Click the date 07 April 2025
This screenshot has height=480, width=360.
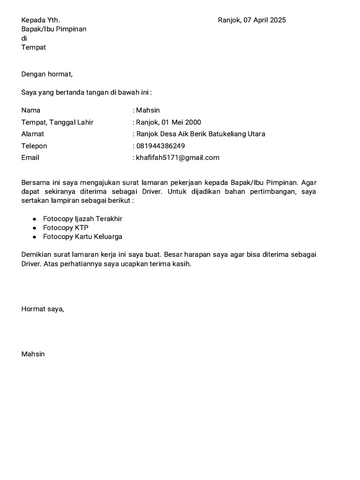pos(265,20)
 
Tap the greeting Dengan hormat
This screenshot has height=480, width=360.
pos(47,74)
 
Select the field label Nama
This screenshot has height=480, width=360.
pos(31,111)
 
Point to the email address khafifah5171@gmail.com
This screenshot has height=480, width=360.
pos(178,157)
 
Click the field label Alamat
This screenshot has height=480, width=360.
pos(33,134)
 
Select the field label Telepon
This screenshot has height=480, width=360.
pos(34,146)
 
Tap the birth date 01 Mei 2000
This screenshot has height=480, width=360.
pos(181,122)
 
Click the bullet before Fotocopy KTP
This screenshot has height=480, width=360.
pos(34,228)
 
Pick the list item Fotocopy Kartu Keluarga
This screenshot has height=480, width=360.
pos(82,237)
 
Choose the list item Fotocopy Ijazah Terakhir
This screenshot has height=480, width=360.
pos(82,219)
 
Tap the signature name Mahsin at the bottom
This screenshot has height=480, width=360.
pos(33,354)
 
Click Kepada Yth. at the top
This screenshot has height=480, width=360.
pos(41,20)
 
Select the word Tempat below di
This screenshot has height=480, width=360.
pos(34,47)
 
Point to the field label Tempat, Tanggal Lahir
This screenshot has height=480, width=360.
pos(57,122)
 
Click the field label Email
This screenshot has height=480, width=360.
pos(30,157)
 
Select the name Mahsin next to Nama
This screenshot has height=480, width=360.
pos(148,111)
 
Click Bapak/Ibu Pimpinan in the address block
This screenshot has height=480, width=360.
pos(54,29)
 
